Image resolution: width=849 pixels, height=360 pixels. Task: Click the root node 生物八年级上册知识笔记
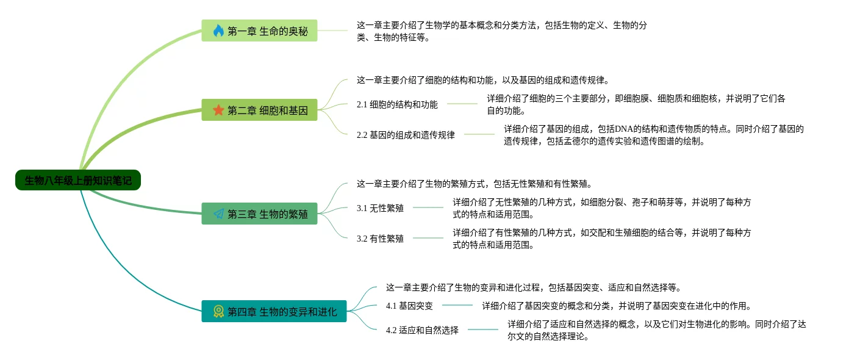coord(78,180)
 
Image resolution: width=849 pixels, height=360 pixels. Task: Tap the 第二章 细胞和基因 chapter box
coord(259,110)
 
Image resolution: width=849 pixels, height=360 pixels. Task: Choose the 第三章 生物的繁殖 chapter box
coord(259,214)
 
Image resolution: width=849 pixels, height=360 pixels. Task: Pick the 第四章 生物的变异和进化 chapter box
coord(274,311)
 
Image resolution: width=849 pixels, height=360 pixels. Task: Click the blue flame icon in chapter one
coord(218,31)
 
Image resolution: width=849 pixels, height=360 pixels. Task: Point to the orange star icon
coord(218,110)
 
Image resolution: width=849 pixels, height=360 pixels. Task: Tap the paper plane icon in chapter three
coord(218,214)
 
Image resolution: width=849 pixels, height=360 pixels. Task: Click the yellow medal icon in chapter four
coord(218,311)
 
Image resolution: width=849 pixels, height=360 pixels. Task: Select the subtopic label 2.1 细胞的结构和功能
coord(397,104)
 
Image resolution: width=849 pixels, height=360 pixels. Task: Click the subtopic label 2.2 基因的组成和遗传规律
coord(406,135)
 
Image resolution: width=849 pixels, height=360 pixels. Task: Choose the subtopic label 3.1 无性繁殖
coord(380,208)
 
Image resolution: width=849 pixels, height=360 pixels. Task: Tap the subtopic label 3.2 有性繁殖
coord(380,239)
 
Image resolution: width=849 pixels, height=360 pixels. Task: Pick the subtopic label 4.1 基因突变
coord(409,306)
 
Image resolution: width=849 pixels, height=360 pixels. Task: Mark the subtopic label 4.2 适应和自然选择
coord(422,330)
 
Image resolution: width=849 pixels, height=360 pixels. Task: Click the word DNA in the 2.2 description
coord(625,129)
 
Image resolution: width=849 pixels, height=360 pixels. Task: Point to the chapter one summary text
coord(501,31)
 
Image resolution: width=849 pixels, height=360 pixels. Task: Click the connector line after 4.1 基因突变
coord(457,305)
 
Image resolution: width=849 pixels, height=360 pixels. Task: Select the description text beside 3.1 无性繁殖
coord(601,208)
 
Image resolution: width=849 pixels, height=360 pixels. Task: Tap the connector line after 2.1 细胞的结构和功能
coord(462,104)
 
